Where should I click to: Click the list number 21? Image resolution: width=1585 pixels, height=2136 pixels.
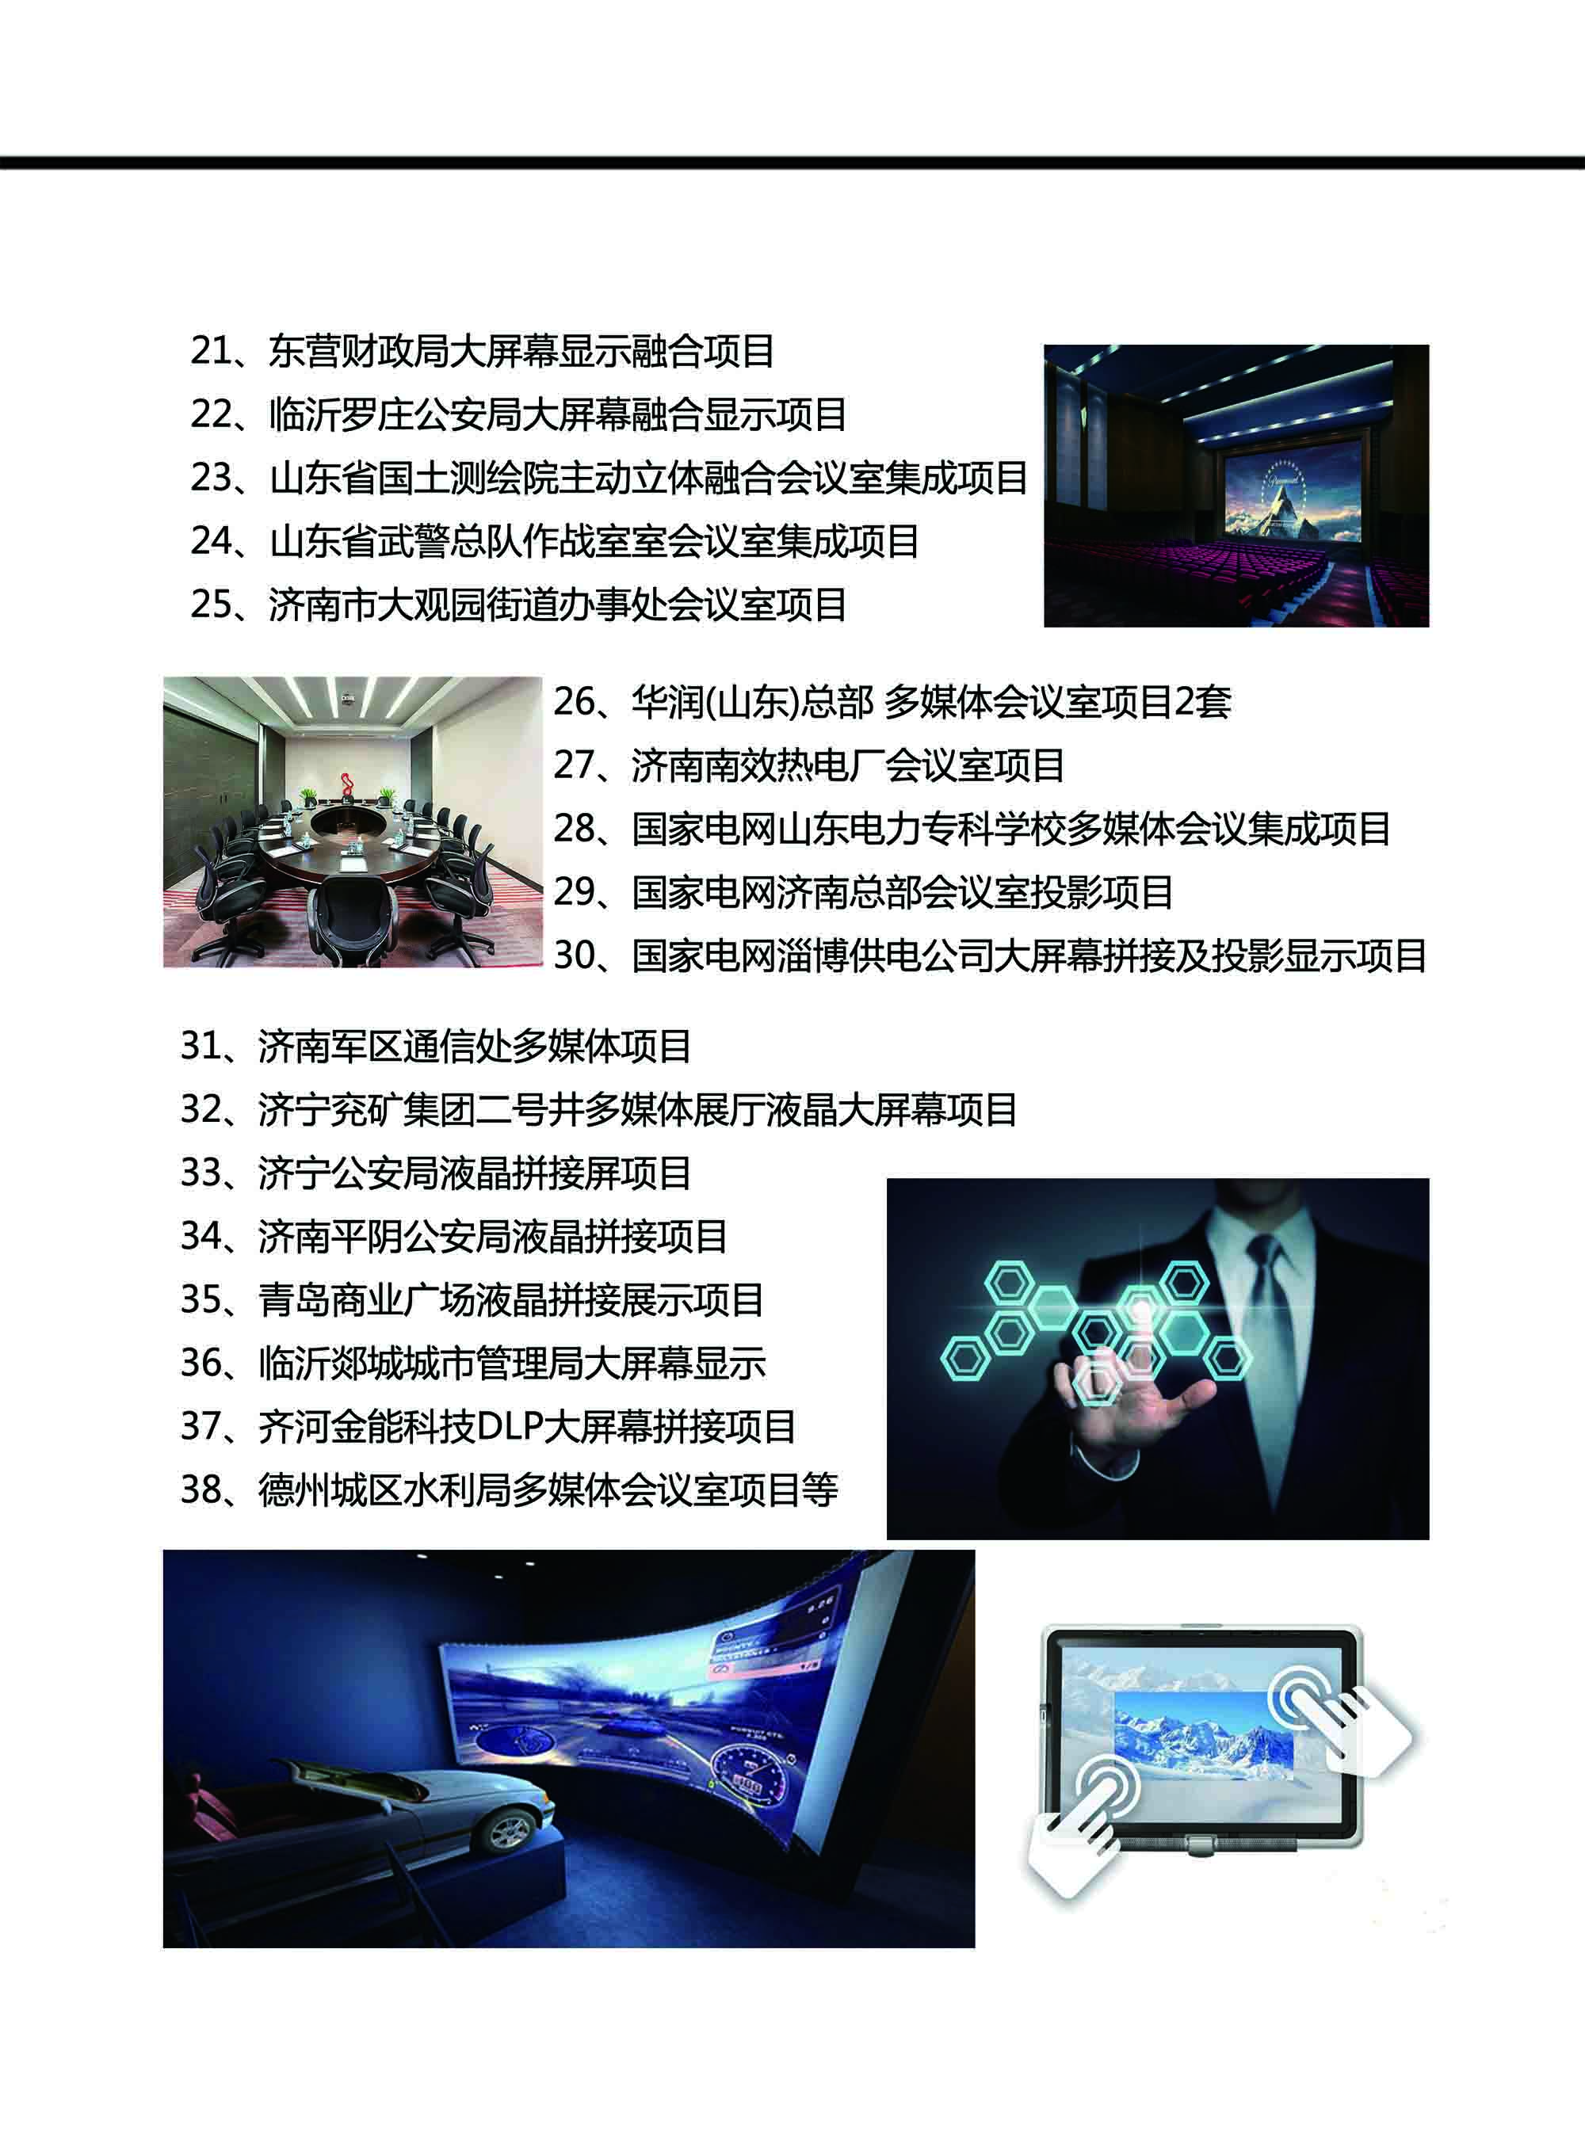211,351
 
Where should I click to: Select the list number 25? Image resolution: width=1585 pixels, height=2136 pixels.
211,605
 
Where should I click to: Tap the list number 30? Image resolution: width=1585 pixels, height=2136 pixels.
575,955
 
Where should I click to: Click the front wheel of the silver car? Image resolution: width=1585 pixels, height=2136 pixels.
509,1832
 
